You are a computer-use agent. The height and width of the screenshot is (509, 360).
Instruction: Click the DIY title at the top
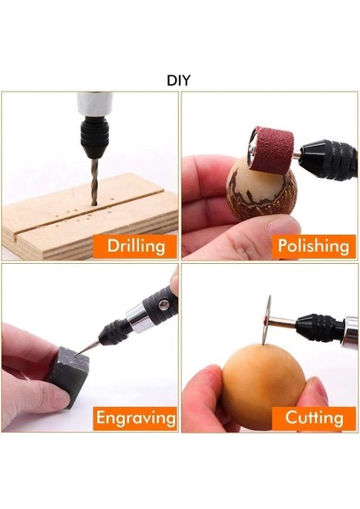pos(179,81)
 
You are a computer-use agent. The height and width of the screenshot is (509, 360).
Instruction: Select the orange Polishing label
pos(312,246)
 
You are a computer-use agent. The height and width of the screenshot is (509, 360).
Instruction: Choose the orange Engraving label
pos(136,417)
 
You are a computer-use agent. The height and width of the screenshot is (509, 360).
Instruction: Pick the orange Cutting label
pos(312,417)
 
